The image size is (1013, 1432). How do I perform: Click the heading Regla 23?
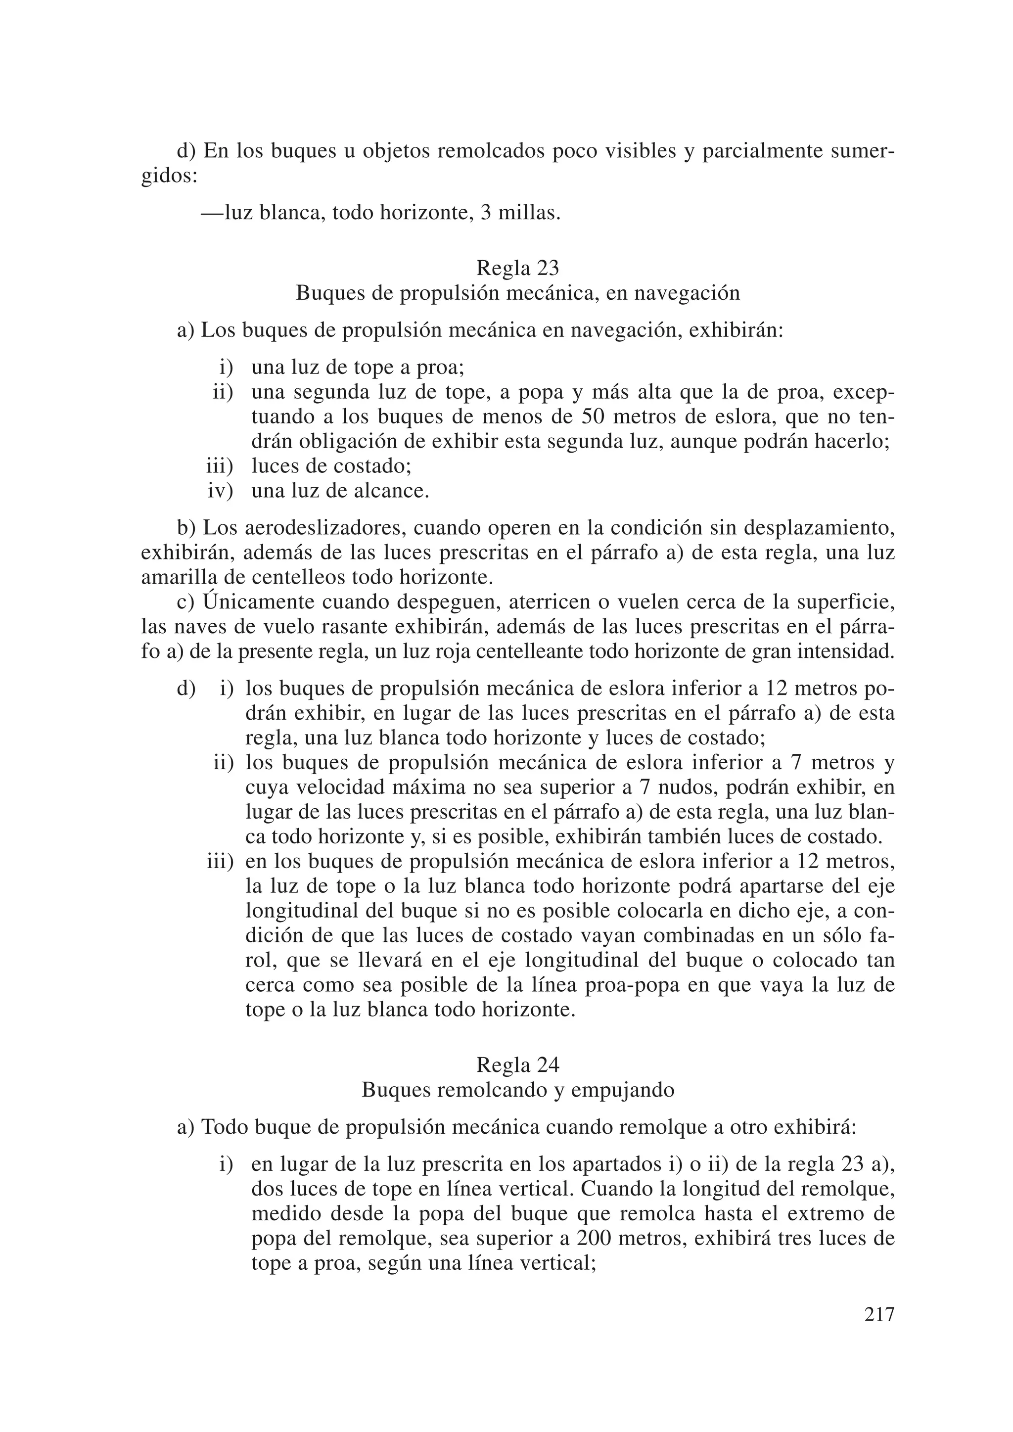(x=518, y=268)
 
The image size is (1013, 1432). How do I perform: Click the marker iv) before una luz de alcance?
(x=220, y=491)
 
